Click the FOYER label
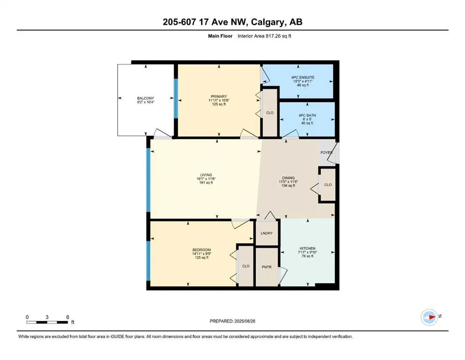pyautogui.click(x=326, y=153)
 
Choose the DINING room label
pyautogui.click(x=288, y=178)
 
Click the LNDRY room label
pyautogui.click(x=267, y=233)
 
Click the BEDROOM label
pyautogui.click(x=201, y=249)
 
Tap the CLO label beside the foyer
pyautogui.click(x=328, y=185)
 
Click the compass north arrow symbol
pyautogui.click(x=429, y=317)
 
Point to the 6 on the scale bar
pyautogui.click(x=68, y=317)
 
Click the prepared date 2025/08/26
pyautogui.click(x=244, y=321)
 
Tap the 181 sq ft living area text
pyautogui.click(x=206, y=183)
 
